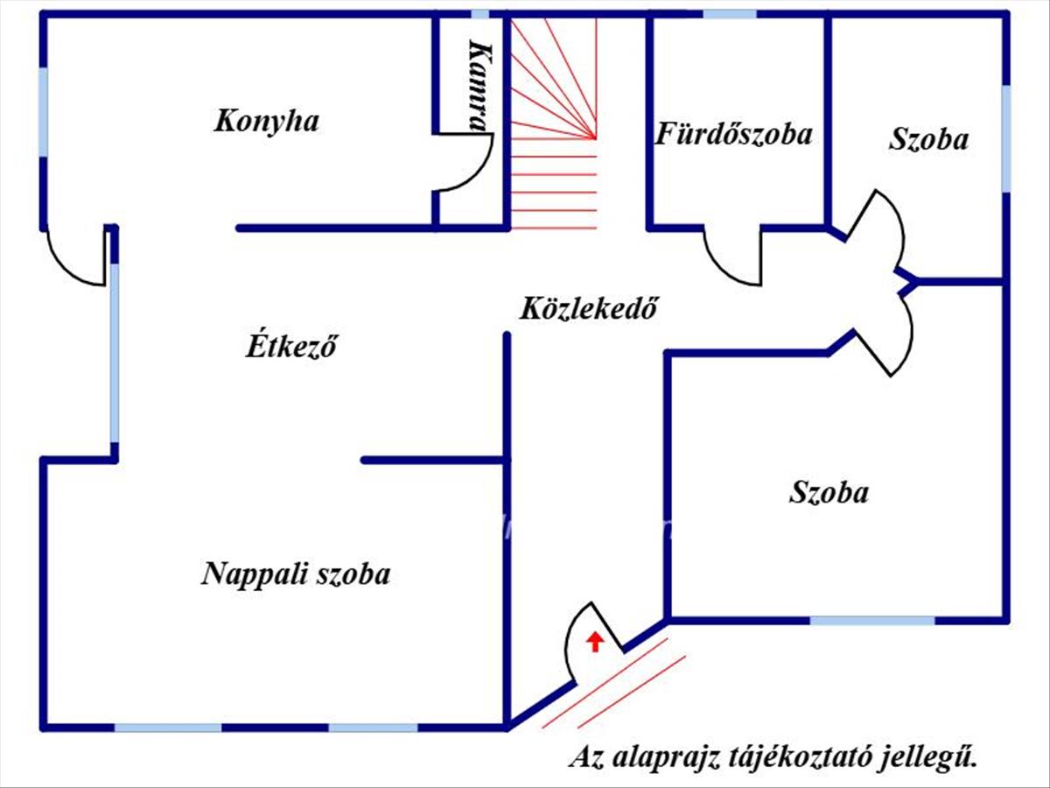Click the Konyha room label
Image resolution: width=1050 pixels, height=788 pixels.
(266, 121)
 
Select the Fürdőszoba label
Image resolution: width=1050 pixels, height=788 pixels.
(734, 135)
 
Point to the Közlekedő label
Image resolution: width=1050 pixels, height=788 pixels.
(588, 309)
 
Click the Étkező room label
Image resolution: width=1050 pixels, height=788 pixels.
(290, 347)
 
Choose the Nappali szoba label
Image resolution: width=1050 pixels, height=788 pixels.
(296, 574)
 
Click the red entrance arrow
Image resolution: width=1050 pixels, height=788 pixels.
(595, 642)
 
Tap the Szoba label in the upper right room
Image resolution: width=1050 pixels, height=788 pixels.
(928, 139)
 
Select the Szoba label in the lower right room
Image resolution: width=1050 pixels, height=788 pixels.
(829, 492)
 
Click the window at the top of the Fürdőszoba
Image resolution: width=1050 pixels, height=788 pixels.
(730, 14)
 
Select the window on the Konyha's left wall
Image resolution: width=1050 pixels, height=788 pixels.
(44, 112)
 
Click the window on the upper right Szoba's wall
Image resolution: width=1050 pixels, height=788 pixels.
(1006, 137)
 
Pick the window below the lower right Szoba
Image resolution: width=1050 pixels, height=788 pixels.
(871, 620)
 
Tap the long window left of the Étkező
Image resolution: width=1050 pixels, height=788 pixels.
(114, 350)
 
